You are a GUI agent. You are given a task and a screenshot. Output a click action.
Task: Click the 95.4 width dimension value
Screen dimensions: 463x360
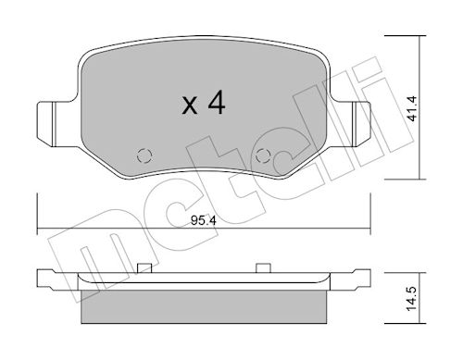coord(204,221)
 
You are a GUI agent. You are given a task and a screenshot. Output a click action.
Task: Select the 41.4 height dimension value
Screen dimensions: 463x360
coord(412,108)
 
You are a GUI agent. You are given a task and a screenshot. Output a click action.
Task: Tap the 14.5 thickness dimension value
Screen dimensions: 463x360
coord(412,299)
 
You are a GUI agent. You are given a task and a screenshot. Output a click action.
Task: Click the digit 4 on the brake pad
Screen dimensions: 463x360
coord(217,104)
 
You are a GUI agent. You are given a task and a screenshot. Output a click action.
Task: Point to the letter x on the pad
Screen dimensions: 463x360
coord(189,106)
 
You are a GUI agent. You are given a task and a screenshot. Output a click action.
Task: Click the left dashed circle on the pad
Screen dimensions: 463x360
coord(144,155)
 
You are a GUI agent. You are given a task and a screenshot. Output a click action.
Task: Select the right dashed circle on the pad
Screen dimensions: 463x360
coord(263,155)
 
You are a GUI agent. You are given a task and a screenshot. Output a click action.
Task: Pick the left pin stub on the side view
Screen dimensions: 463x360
coord(144,267)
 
